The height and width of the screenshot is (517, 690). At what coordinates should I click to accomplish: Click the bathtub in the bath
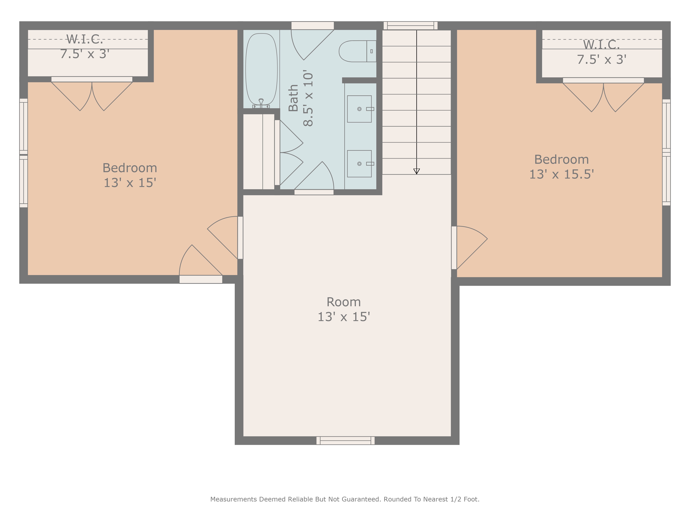(261, 69)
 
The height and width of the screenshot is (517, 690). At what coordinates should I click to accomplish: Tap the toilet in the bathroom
(357, 51)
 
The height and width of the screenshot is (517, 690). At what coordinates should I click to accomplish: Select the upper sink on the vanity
(359, 109)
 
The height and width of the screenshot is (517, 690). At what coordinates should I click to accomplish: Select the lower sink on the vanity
(359, 164)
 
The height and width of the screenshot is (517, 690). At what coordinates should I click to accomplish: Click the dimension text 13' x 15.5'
(561, 174)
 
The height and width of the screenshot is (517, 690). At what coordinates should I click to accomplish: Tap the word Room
(343, 302)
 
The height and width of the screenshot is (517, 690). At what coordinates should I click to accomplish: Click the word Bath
(293, 98)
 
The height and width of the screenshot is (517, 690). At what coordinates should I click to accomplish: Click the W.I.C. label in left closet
(85, 39)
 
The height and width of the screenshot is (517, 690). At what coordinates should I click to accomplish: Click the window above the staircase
(411, 26)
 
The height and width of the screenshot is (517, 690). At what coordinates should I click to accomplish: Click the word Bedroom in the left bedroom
(130, 168)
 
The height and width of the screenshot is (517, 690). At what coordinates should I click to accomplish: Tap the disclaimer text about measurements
(345, 499)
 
